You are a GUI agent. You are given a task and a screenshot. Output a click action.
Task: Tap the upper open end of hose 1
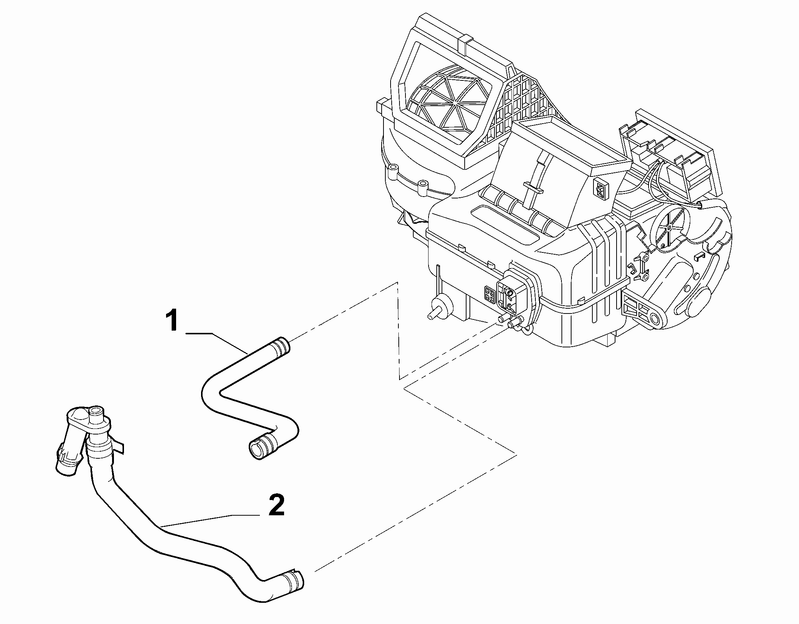282,345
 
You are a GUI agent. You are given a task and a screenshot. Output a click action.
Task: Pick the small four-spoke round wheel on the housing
669,229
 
